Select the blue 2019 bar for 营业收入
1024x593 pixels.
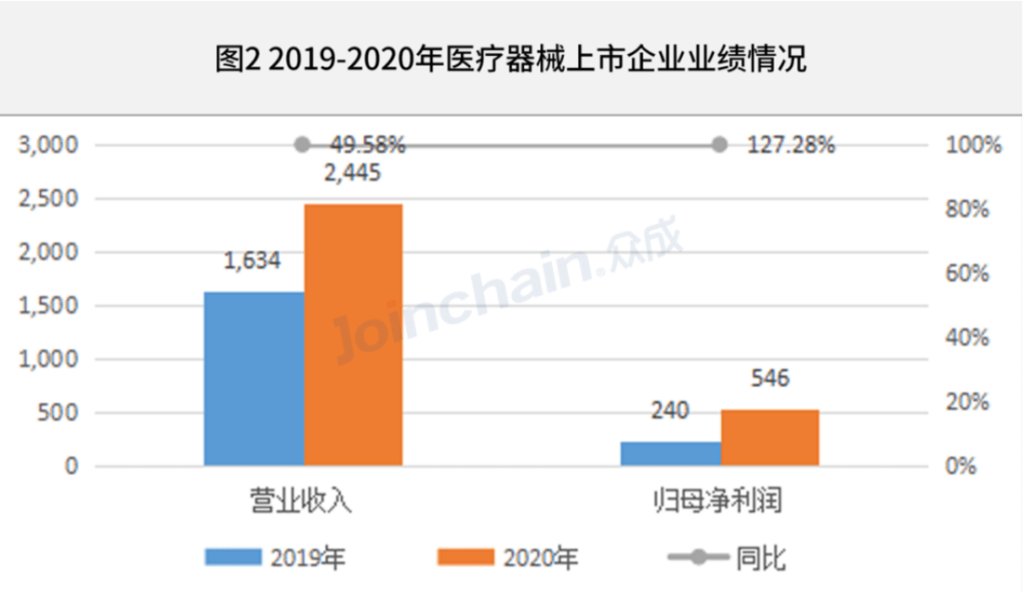coord(254,379)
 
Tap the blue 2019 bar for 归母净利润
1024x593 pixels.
coord(670,454)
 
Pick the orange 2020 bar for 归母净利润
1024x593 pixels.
coord(769,437)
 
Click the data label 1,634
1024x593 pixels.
coord(252,260)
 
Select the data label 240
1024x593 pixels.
coord(669,411)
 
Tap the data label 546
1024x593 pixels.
coord(769,379)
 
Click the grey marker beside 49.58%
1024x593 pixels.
coord(302,145)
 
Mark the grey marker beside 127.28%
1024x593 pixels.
coord(719,145)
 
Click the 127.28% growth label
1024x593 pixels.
coord(790,145)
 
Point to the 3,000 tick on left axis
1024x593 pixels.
coord(46,145)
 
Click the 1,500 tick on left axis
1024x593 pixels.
coord(46,306)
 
